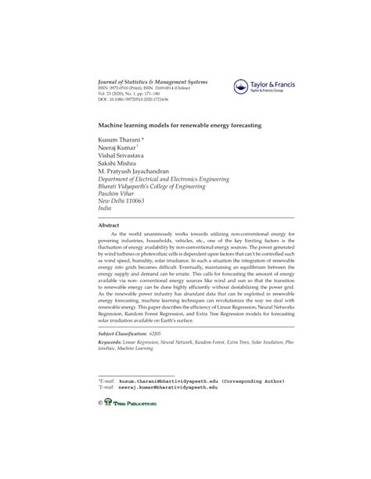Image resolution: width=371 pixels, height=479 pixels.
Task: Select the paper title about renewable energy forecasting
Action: [x=178, y=124]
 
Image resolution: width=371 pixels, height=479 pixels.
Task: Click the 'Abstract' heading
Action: [x=108, y=225]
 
